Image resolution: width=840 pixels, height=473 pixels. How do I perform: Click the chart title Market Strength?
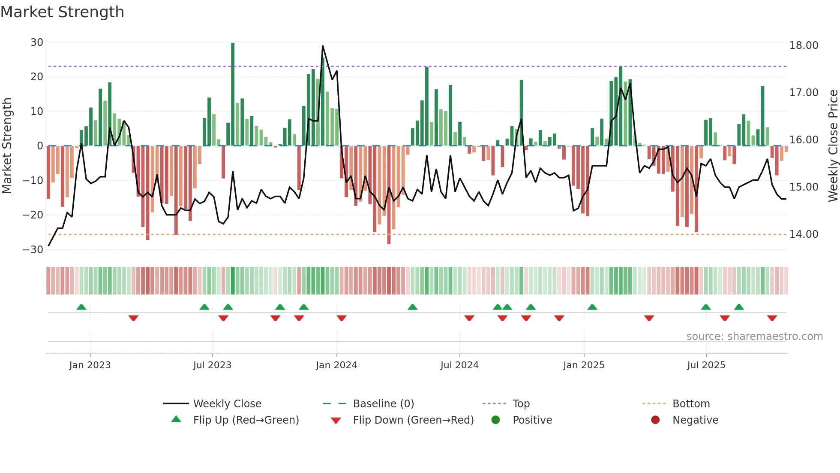coord(62,12)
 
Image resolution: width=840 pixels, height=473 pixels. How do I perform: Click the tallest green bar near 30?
coord(233,94)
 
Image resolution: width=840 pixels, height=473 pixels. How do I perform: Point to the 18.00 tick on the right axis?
coord(804,45)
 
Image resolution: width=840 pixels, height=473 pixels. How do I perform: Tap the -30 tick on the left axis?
coord(33,250)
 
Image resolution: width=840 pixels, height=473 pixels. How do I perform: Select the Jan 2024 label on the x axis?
coord(336,365)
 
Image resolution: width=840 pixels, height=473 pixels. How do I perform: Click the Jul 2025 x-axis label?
coord(706,365)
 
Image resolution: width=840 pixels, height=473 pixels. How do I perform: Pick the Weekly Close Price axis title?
coord(833,146)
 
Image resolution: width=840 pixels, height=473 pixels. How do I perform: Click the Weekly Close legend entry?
coord(227,404)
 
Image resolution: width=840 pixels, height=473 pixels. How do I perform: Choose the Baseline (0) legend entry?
coord(383,404)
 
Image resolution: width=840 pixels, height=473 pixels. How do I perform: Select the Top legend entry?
coord(521,404)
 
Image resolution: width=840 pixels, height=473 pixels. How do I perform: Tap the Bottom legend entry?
coord(691,404)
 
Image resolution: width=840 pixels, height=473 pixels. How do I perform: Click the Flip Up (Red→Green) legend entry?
coord(246,420)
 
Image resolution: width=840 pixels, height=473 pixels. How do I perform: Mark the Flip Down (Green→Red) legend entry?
coord(413,420)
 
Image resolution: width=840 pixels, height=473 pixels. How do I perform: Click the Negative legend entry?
coord(695,420)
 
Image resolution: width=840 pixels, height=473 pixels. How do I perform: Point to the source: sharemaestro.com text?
coord(754,337)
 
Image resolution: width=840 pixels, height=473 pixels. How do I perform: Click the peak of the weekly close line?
coord(323,46)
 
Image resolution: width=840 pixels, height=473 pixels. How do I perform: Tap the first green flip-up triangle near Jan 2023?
coord(81,307)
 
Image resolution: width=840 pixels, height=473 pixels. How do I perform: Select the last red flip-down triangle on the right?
coord(772,318)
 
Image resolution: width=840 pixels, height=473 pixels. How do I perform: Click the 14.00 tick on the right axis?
coord(804,234)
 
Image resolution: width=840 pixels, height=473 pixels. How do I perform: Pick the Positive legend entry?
coord(532,420)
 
